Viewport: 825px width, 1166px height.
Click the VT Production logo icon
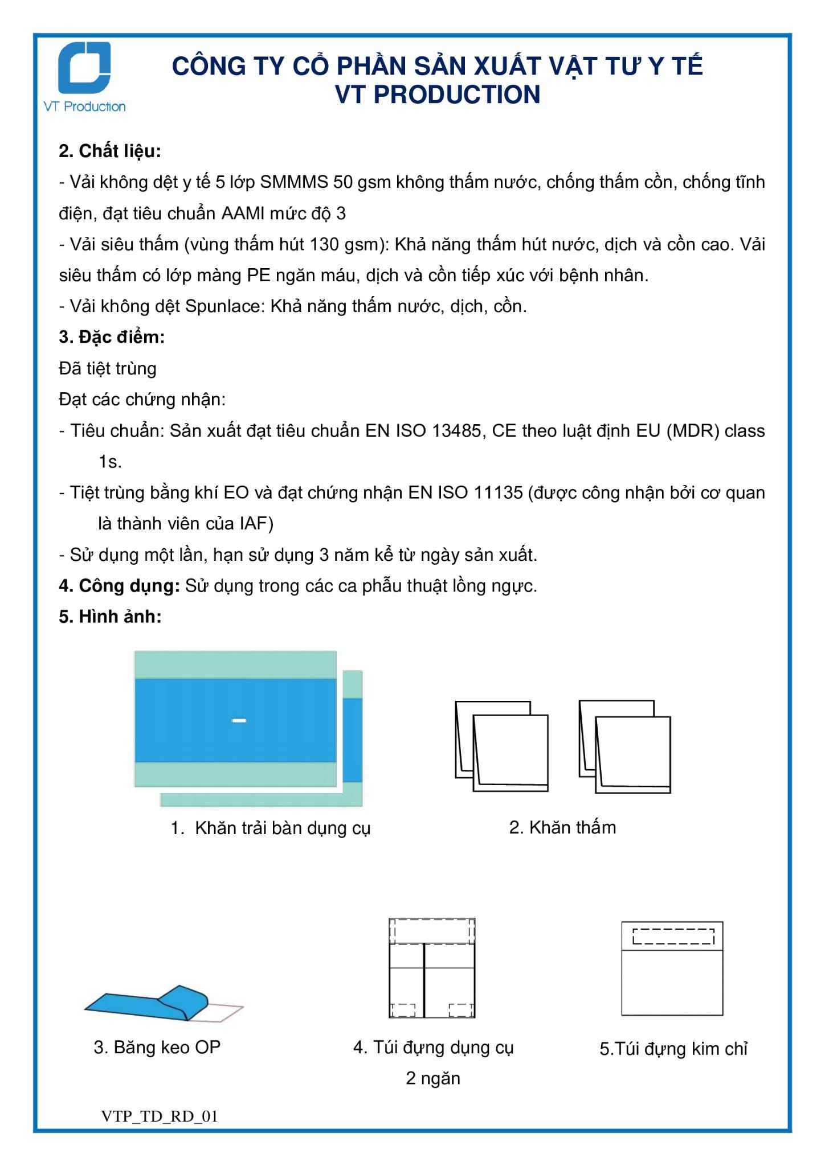pyautogui.click(x=85, y=68)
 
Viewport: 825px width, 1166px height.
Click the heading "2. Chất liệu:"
pyautogui.click(x=110, y=151)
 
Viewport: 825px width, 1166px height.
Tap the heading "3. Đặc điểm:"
pyautogui.click(x=112, y=337)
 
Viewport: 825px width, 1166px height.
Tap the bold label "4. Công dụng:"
pyautogui.click(x=120, y=586)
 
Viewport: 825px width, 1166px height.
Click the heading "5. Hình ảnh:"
pyautogui.click(x=110, y=617)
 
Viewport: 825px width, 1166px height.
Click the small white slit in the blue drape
pyautogui.click(x=239, y=721)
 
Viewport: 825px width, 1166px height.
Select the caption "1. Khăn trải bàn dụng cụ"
pyautogui.click(x=271, y=828)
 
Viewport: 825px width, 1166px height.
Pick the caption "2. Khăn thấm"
pyautogui.click(x=562, y=827)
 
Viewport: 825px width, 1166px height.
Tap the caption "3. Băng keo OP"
pyautogui.click(x=157, y=1047)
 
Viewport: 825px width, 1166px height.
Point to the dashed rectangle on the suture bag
pyautogui.click(x=673, y=937)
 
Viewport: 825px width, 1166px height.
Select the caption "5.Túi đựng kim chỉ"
pyautogui.click(x=673, y=1049)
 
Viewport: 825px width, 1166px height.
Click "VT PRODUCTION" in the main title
pyautogui.click(x=438, y=95)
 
